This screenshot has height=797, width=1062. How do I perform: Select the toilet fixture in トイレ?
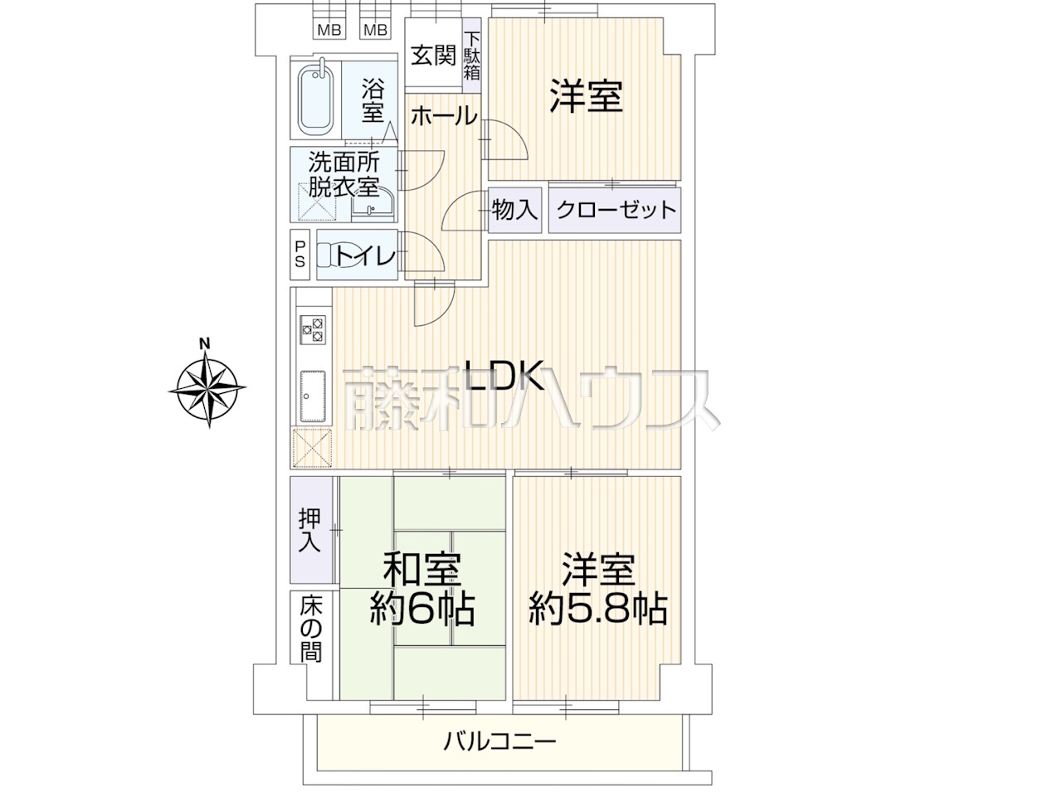(x=334, y=255)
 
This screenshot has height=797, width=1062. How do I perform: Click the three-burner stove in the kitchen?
(x=313, y=329)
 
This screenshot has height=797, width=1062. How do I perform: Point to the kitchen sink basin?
(x=313, y=396)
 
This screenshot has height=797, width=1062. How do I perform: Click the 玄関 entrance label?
(x=433, y=55)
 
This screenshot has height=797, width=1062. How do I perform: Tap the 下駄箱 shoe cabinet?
(x=472, y=56)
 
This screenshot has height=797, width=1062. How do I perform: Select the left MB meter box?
(x=329, y=31)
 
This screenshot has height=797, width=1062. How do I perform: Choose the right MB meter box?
(x=376, y=31)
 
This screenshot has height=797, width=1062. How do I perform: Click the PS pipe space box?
(x=300, y=255)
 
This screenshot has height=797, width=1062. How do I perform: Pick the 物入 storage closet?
(x=514, y=210)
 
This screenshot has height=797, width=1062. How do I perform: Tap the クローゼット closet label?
(x=616, y=210)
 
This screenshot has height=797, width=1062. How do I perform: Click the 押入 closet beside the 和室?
(x=311, y=530)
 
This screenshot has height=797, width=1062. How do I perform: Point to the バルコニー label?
(x=500, y=755)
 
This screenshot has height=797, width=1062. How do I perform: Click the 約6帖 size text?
(x=422, y=610)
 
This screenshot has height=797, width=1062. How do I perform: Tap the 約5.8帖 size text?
(x=598, y=610)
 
